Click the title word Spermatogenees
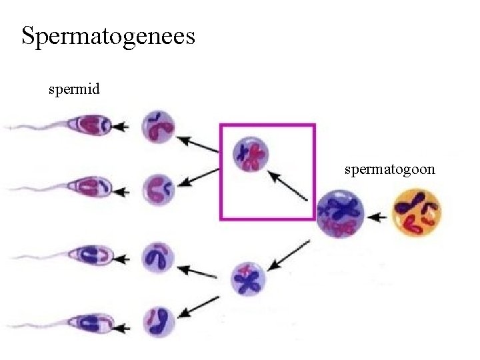(108, 36)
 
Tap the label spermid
(74, 89)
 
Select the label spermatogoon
(389, 169)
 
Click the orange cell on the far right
(417, 212)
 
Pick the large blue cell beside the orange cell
(341, 213)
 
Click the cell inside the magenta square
(251, 154)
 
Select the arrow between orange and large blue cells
(377, 216)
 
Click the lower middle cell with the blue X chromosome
(248, 279)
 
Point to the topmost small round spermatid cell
(159, 126)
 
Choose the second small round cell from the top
(159, 189)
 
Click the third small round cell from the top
(159, 257)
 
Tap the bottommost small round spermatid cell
(159, 319)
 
